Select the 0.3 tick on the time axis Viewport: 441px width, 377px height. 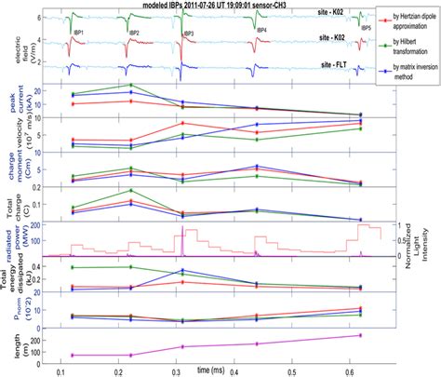click(x=179, y=370)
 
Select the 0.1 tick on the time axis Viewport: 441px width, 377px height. click(x=60, y=370)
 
